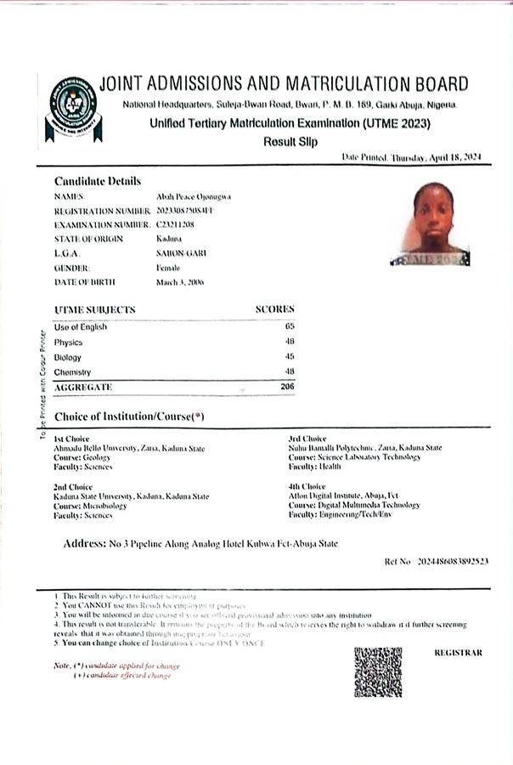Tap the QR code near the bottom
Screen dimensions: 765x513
tap(378, 671)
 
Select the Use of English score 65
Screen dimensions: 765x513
tap(289, 326)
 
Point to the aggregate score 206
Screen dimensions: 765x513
tap(286, 388)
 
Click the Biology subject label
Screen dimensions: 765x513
tap(68, 357)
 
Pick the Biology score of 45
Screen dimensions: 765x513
tap(289, 357)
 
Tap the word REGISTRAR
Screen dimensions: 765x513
tap(458, 653)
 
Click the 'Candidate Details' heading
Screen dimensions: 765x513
tap(98, 181)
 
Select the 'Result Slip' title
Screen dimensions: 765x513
tap(290, 142)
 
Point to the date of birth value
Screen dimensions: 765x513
tap(180, 281)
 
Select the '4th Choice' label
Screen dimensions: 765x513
tap(307, 487)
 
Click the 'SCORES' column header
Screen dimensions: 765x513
tap(275, 309)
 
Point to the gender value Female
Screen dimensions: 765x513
tap(168, 267)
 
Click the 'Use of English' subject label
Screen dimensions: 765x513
tap(79, 326)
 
